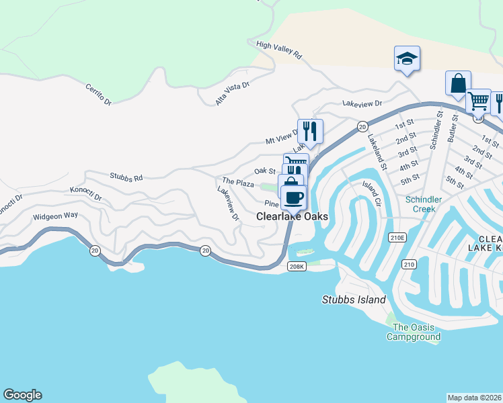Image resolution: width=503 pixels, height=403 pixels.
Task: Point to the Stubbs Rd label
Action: pos(126,178)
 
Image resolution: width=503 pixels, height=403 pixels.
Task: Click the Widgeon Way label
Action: pos(56,216)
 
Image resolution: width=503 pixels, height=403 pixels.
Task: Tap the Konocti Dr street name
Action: pos(85,195)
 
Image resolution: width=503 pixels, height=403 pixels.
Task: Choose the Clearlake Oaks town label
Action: pos(292,217)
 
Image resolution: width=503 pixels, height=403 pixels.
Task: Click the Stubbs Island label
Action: pos(354,300)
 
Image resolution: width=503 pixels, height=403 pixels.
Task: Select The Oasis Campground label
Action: pos(413,332)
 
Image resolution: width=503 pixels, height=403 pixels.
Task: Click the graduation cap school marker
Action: pos(407,58)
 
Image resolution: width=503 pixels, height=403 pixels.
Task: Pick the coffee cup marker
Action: pos(294,197)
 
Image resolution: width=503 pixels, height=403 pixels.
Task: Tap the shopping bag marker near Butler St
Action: pos(458,84)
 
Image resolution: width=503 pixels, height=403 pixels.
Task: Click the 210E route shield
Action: pos(397,237)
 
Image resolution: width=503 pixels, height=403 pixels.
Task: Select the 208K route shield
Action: pos(297,267)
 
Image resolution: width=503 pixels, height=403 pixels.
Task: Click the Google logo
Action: pos(22,395)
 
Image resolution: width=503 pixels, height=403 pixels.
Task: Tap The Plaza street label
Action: pos(238,183)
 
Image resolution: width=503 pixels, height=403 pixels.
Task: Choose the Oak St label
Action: pos(265,171)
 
